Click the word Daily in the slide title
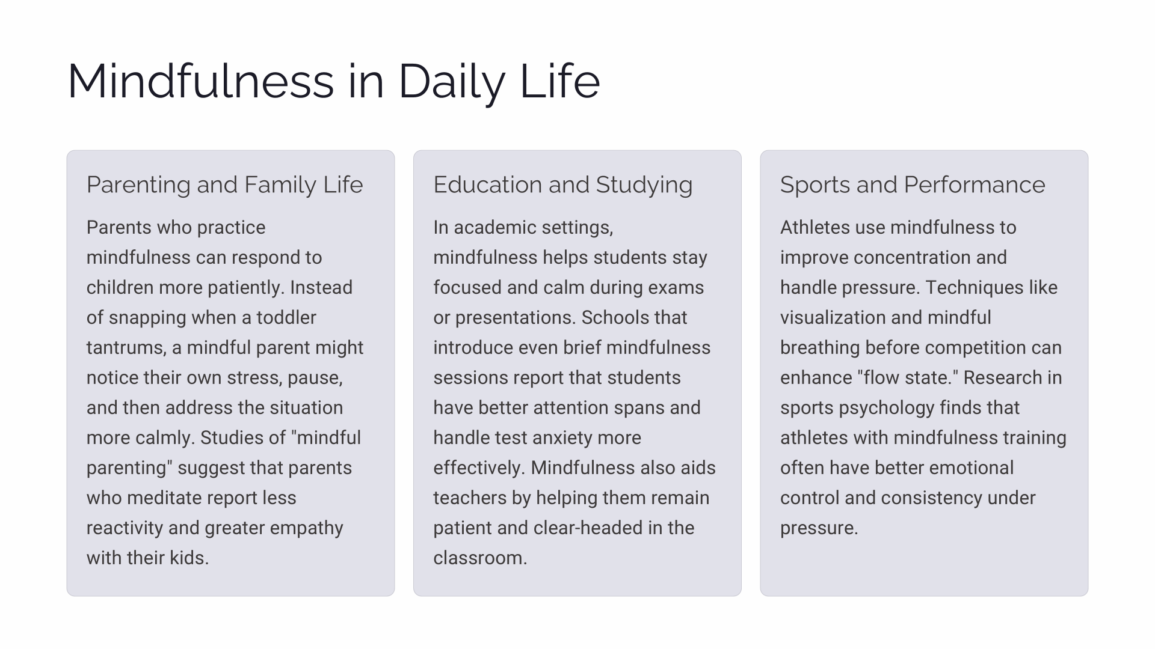click(451, 82)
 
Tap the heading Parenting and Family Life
click(225, 184)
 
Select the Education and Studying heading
click(563, 184)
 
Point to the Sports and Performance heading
click(913, 184)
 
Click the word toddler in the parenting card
click(286, 317)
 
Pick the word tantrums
click(126, 348)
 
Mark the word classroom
click(480, 558)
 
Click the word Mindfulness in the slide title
click(201, 82)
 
